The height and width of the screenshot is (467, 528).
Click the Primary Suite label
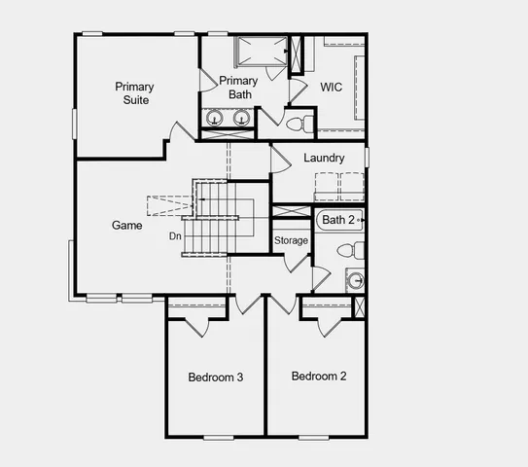point(134,92)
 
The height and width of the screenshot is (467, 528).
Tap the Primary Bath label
point(238,87)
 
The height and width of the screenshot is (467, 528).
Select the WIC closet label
point(333,87)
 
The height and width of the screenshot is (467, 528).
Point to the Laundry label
point(324,158)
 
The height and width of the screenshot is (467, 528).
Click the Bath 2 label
point(339,220)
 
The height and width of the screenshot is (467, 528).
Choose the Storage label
point(291,240)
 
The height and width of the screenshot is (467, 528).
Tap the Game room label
point(127,226)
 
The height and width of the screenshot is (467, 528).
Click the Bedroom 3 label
point(215,377)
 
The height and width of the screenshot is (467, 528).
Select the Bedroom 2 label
point(319,377)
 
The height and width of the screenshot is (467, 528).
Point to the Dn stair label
point(175,235)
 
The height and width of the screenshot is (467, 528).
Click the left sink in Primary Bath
point(216,119)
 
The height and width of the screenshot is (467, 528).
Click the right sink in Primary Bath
point(240,119)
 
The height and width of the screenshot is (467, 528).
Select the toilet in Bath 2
point(349,251)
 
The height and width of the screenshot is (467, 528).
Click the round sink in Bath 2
point(356,282)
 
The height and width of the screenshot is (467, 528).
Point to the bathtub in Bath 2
point(339,221)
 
